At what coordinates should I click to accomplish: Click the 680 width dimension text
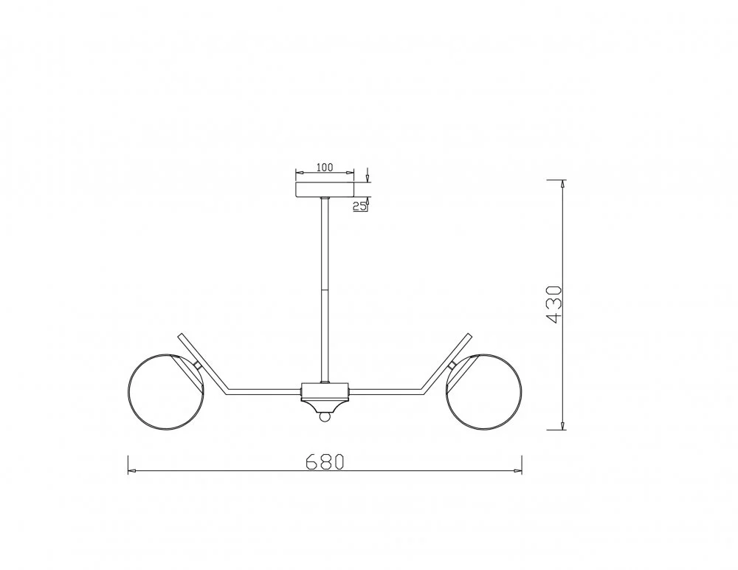[325, 461]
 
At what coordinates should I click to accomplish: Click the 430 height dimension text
[553, 304]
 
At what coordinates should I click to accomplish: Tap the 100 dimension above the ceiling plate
[324, 167]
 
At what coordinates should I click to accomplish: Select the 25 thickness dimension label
[359, 206]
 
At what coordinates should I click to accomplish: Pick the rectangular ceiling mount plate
[324, 190]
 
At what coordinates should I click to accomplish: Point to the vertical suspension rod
[325, 290]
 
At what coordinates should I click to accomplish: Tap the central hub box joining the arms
[325, 391]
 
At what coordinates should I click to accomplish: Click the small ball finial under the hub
[325, 416]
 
